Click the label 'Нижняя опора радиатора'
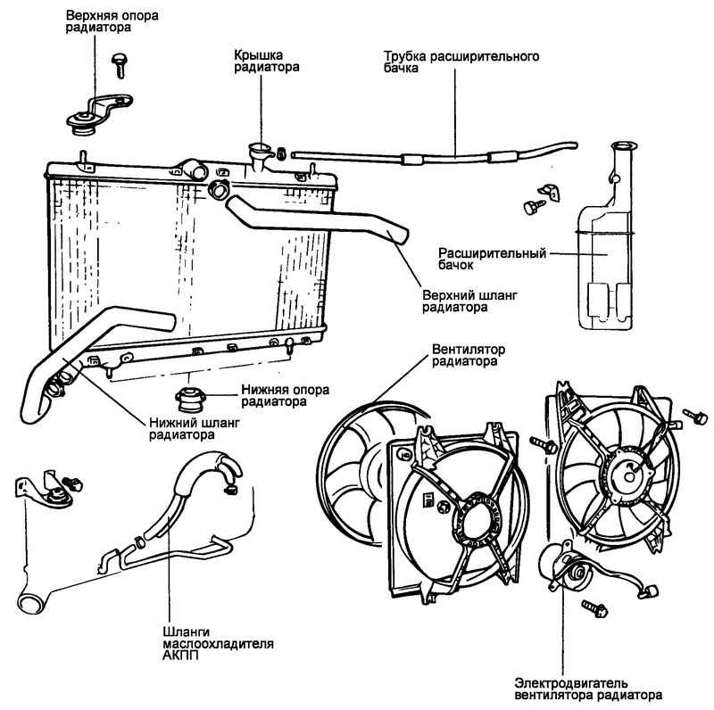tap(284, 395)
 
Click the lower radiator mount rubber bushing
tap(191, 395)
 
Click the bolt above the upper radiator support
tap(119, 61)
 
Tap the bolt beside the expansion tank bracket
tap(530, 206)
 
